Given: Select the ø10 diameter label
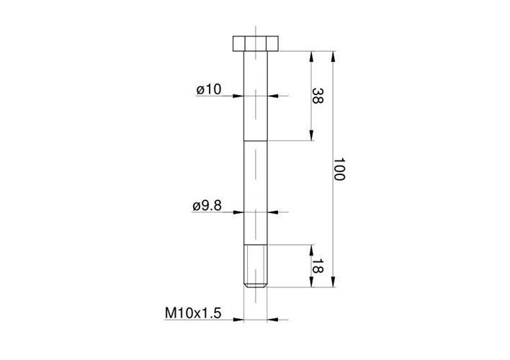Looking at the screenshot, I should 208,89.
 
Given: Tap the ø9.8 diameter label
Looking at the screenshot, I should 207,207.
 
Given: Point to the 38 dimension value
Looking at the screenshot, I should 315,96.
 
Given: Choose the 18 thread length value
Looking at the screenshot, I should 316,266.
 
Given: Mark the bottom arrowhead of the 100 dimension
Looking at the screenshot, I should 333,284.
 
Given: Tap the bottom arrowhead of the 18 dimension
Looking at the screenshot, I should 310,284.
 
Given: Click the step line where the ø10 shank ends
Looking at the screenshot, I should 256,140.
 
